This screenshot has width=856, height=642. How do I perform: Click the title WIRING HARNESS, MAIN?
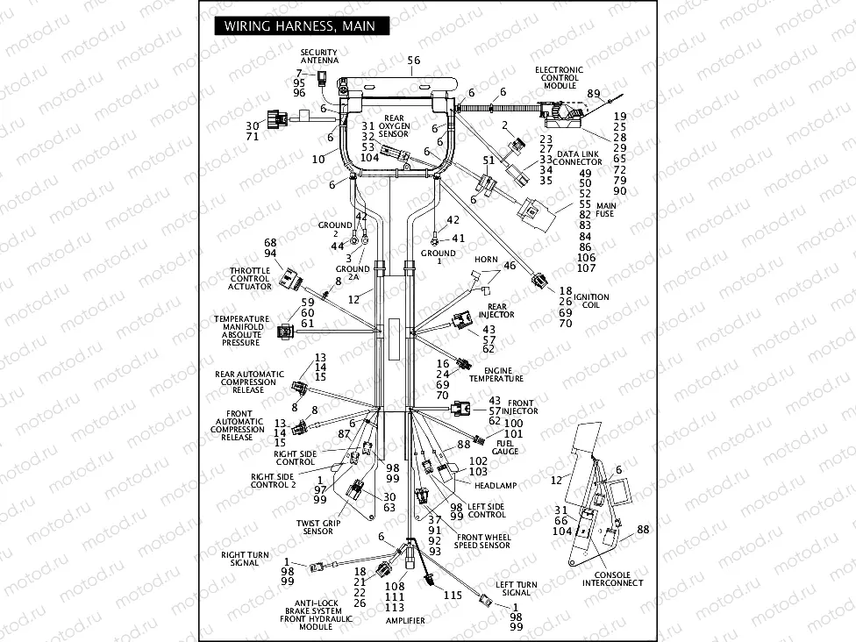click(299, 26)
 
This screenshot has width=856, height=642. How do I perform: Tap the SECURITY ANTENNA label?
click(318, 56)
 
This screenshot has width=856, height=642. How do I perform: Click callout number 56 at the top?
click(414, 61)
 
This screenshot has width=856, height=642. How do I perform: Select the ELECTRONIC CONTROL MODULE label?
click(559, 77)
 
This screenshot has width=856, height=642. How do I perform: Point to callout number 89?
click(594, 94)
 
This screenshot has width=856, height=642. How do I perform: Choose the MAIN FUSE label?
click(606, 210)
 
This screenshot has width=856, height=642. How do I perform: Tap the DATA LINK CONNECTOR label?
click(578, 158)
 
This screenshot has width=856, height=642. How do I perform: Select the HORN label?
click(486, 260)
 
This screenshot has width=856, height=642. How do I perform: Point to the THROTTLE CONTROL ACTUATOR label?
click(250, 279)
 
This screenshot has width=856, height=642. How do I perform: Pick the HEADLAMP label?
click(495, 485)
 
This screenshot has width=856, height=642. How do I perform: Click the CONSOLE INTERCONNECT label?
click(612, 579)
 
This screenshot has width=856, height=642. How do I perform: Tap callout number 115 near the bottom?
click(453, 596)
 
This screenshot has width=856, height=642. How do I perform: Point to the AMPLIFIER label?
click(405, 620)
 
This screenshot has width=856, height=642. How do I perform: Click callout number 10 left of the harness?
click(319, 159)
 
